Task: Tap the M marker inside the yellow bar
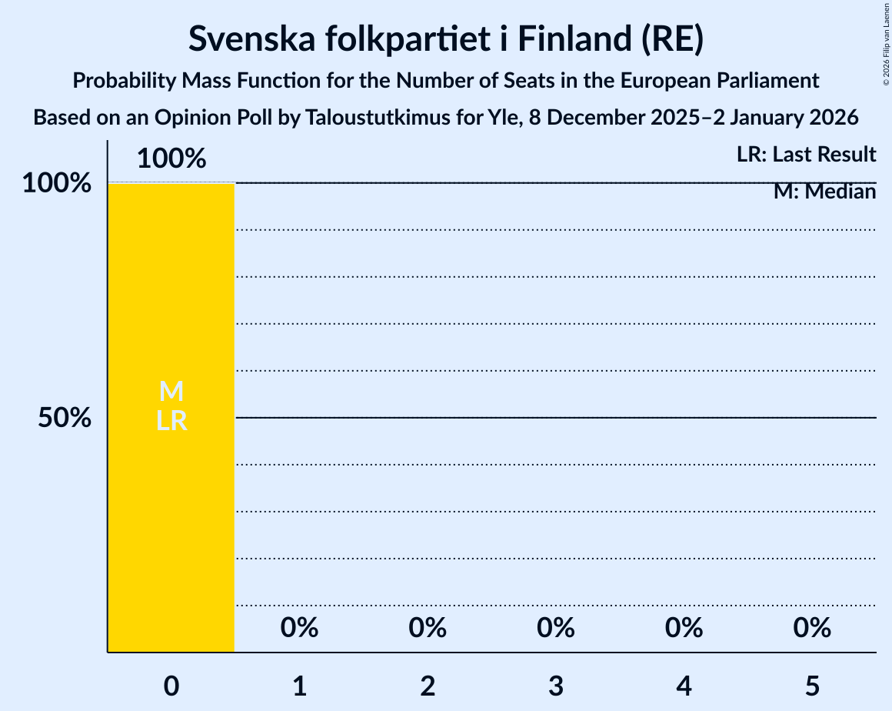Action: pyautogui.click(x=171, y=392)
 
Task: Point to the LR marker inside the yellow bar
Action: pyautogui.click(x=171, y=421)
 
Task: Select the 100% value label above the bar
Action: pyautogui.click(x=171, y=159)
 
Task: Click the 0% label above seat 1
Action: pyautogui.click(x=299, y=628)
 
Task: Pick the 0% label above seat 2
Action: pyautogui.click(x=428, y=628)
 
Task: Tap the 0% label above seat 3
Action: pyautogui.click(x=556, y=628)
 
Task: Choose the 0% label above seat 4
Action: pyautogui.click(x=684, y=628)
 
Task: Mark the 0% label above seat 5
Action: pyautogui.click(x=812, y=628)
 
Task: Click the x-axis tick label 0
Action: pyautogui.click(x=171, y=686)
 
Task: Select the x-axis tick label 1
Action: pyautogui.click(x=299, y=686)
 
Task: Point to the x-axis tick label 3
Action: pyautogui.click(x=556, y=686)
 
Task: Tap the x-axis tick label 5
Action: pyautogui.click(x=812, y=686)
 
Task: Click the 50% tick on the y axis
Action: pyautogui.click(x=65, y=418)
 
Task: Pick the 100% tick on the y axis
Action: pyautogui.click(x=57, y=183)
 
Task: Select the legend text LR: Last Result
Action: pyautogui.click(x=806, y=155)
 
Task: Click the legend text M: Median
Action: pyautogui.click(x=824, y=192)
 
